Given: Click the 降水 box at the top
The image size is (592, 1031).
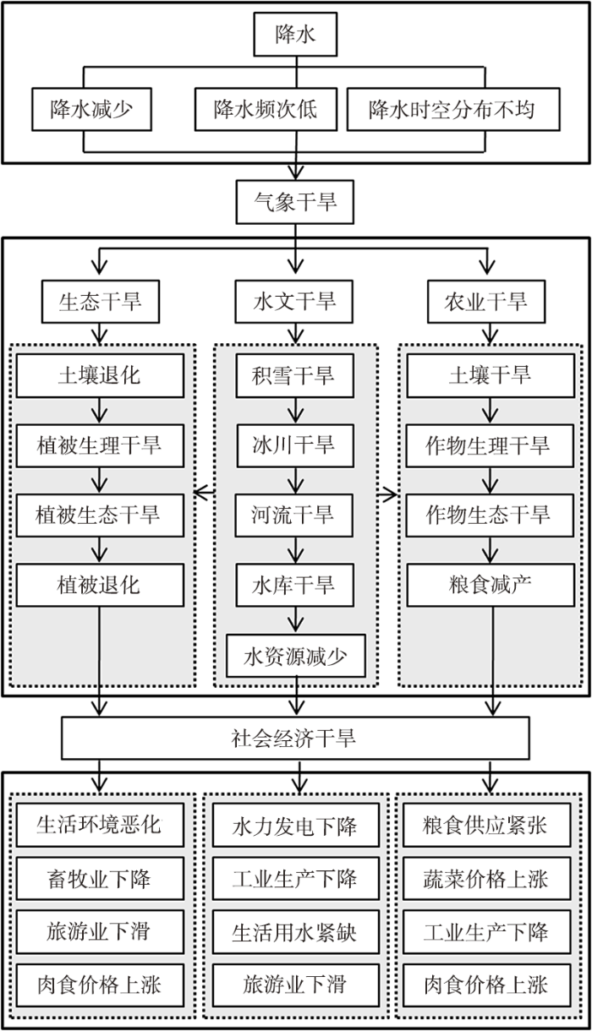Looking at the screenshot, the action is coord(295,34).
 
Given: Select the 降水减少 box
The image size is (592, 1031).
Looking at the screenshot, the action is coord(91,109).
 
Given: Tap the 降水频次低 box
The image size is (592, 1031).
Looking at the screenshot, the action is coord(266,109).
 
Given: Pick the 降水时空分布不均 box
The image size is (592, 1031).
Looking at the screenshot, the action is coord(453,109).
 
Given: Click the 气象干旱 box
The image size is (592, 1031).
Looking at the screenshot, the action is coord(295,202).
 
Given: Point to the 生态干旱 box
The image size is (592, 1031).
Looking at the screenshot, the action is coord(101,302).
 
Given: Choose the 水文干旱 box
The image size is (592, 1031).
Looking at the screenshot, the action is coord(294,302).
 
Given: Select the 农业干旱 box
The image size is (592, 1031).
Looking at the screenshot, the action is coord(486,302).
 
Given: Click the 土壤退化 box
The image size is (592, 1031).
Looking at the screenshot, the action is coord(100,375).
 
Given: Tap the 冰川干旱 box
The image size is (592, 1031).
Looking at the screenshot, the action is coord(295,445).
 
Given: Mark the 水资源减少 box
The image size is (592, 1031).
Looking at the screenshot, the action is coord(296,656).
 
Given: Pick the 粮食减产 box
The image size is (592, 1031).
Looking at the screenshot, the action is coord(491,585).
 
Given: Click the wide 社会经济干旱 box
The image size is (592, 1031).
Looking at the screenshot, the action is coord(295,738).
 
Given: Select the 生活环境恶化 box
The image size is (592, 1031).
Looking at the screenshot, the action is coord(100,825).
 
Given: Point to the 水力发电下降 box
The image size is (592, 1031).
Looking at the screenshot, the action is coord(296,825).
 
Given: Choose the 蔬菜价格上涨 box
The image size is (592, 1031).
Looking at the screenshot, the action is coord(486,878).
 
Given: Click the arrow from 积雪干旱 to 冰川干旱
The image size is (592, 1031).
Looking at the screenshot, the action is coord(296,411).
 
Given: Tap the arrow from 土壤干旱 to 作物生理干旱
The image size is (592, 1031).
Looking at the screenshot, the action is coord(491,411).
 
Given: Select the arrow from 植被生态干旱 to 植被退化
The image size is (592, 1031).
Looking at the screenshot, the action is coord(100,550).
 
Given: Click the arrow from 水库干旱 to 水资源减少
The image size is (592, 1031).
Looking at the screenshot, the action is coord(296,620).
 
